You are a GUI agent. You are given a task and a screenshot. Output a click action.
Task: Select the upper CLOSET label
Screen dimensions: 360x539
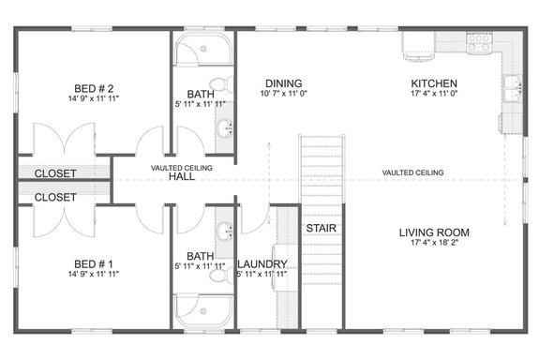pos(55,173)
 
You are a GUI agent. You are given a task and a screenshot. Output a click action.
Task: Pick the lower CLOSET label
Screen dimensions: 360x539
pos(55,198)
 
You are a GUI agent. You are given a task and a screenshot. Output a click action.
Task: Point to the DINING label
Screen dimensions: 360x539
pos(282,82)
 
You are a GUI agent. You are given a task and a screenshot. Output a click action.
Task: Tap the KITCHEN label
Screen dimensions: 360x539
pos(433,82)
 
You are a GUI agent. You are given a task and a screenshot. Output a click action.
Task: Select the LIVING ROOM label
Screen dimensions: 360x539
pos(433,232)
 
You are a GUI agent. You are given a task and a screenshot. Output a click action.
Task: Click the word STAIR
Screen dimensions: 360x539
pos(321,229)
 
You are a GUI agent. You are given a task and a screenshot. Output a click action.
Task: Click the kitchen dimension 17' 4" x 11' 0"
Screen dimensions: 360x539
pos(433,94)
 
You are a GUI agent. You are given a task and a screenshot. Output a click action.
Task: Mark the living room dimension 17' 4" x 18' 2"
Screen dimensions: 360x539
pos(433,245)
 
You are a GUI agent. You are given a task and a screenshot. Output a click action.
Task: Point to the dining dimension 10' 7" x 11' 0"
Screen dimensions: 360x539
pos(282,94)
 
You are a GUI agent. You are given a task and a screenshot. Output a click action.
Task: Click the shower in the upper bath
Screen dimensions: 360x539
pos(198,52)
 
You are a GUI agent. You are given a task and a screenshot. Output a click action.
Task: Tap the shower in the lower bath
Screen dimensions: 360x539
pos(198,308)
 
